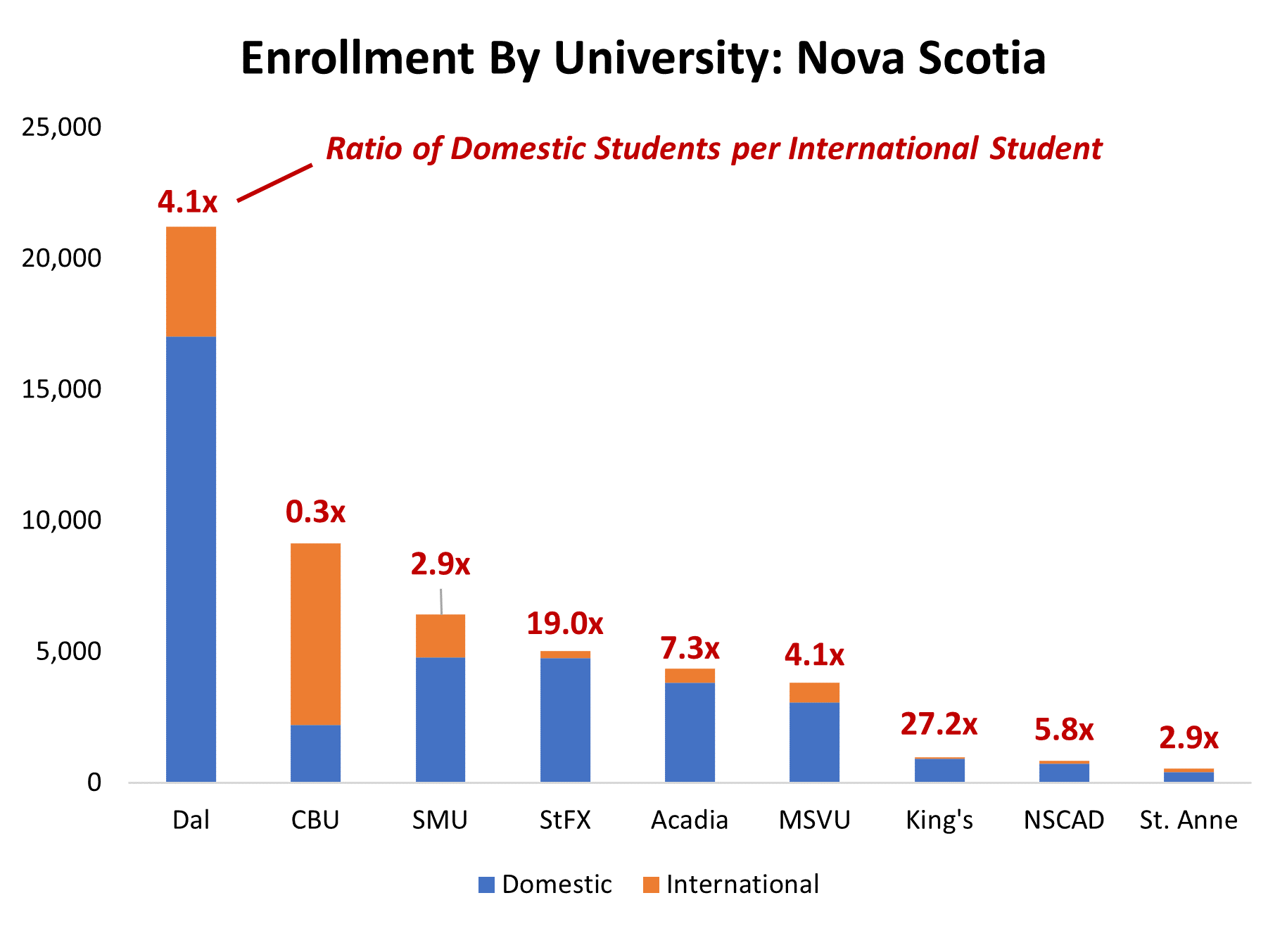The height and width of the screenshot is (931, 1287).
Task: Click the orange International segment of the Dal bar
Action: pyautogui.click(x=191, y=281)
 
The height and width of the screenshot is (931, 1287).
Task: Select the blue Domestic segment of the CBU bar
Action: pyautogui.click(x=315, y=753)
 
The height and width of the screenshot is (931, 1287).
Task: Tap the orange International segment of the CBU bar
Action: pyautogui.click(x=315, y=633)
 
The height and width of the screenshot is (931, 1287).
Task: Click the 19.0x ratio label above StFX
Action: pyautogui.click(x=565, y=624)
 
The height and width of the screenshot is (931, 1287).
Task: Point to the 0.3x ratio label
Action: pyautogui.click(x=315, y=512)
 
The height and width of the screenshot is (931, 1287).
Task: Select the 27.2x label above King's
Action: pyautogui.click(x=939, y=724)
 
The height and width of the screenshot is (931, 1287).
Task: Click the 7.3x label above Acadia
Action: pyautogui.click(x=690, y=648)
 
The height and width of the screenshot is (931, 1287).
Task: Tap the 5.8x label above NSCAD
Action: pyautogui.click(x=1063, y=730)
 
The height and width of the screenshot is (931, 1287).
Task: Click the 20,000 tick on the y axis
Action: pyautogui.click(x=61, y=258)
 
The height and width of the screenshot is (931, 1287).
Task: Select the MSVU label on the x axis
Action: pyautogui.click(x=814, y=821)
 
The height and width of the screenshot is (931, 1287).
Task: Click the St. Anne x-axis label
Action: pyautogui.click(x=1188, y=821)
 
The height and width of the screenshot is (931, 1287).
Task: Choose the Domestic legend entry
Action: pyautogui.click(x=556, y=885)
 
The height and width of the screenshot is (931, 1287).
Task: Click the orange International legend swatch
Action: pyautogui.click(x=651, y=885)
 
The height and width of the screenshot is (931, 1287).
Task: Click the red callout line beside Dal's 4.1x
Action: pyautogui.click(x=274, y=183)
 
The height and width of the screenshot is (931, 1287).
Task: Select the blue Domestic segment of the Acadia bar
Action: pyautogui.click(x=690, y=732)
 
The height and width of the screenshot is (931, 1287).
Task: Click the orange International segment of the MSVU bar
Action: pyautogui.click(x=814, y=692)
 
